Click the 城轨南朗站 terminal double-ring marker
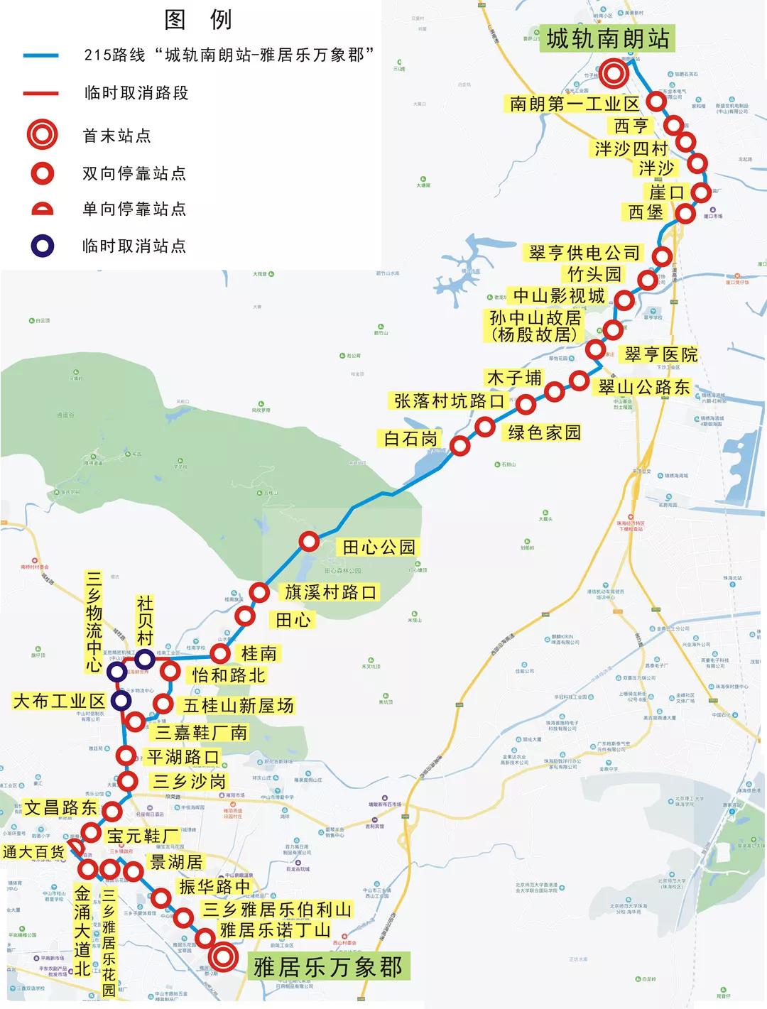point(614,72)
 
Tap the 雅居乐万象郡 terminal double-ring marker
point(224,957)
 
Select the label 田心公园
point(379,547)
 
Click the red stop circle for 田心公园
point(309,542)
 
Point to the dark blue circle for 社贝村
point(145,658)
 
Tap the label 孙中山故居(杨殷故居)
point(535,326)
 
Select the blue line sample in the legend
point(40,55)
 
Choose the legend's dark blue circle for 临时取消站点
point(42,246)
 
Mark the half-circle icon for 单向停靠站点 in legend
point(42,209)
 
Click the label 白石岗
point(410,439)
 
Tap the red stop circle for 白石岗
point(460,446)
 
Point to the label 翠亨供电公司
point(584,253)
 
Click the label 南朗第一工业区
point(574,104)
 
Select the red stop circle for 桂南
point(221,653)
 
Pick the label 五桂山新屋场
point(238,705)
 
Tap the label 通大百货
point(33,851)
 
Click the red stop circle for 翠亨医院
point(596,349)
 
